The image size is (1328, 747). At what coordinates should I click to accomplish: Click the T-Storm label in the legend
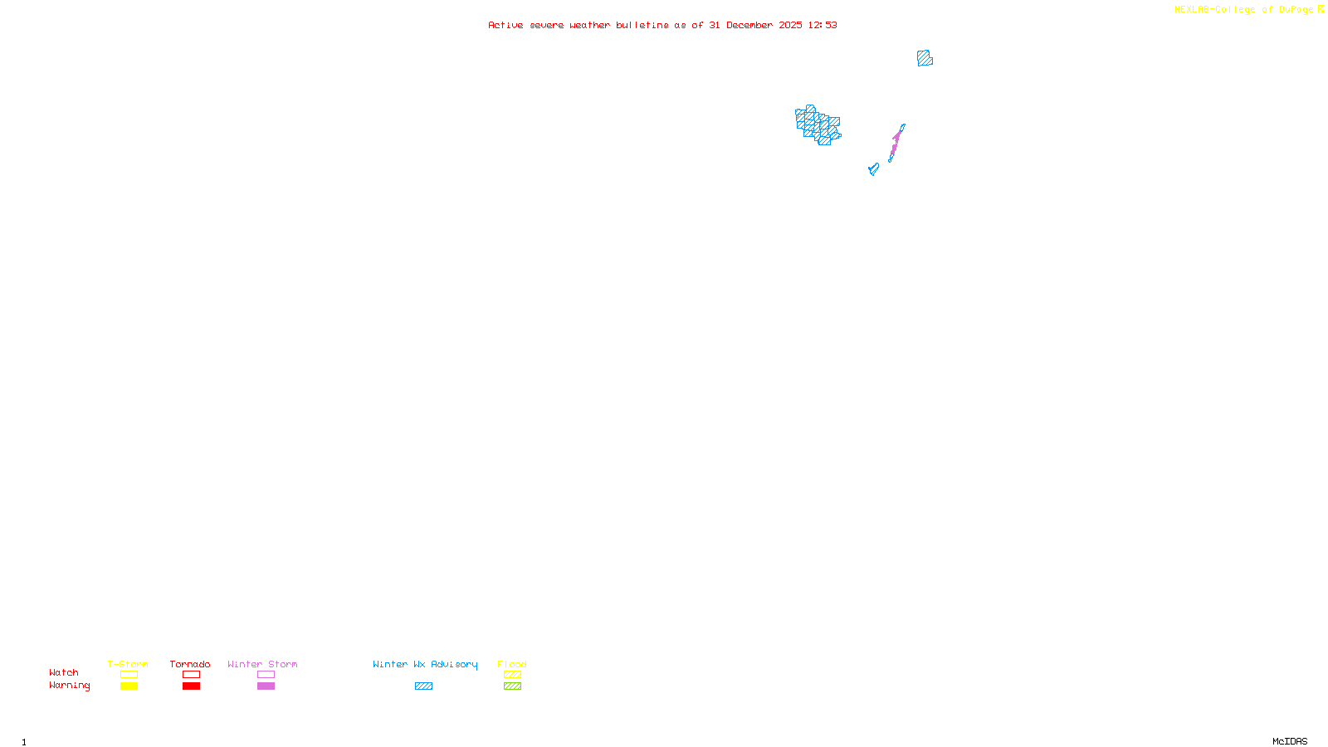[x=128, y=664]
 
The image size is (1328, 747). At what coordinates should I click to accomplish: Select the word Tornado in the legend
[x=190, y=664]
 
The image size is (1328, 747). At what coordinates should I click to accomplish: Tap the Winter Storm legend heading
[x=262, y=664]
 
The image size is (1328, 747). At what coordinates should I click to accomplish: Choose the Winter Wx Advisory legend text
[x=425, y=664]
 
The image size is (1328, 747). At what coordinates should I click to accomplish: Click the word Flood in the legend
[x=512, y=664]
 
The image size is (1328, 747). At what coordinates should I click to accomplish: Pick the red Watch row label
[x=64, y=672]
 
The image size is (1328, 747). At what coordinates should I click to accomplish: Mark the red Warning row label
[x=69, y=686]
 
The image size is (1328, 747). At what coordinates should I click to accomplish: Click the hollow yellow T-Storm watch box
[x=129, y=675]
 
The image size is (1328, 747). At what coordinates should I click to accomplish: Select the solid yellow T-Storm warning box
[x=129, y=686]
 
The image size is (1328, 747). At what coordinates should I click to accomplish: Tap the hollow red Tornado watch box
[x=191, y=675]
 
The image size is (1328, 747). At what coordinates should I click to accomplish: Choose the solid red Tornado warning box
[x=191, y=686]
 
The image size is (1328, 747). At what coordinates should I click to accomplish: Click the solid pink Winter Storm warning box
[x=266, y=686]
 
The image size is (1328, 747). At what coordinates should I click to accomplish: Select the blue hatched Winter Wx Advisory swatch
[x=423, y=686]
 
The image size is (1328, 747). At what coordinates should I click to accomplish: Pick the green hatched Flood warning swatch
[x=512, y=686]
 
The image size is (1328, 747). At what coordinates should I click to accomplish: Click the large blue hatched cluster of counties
[x=818, y=125]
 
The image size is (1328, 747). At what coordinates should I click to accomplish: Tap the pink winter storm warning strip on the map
[x=896, y=142]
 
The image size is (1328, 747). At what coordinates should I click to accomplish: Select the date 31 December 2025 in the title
[x=755, y=25]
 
